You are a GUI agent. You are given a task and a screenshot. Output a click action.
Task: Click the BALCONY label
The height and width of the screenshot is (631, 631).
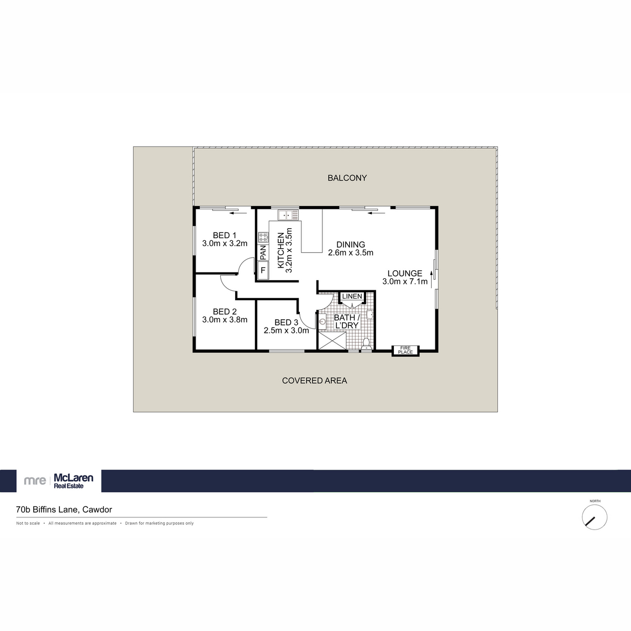(347, 178)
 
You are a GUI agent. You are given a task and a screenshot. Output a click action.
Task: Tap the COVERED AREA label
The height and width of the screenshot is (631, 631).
(314, 381)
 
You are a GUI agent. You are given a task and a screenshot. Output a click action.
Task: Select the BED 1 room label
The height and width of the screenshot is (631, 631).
(225, 235)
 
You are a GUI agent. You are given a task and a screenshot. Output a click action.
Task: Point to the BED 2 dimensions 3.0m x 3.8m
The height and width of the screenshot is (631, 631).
(225, 320)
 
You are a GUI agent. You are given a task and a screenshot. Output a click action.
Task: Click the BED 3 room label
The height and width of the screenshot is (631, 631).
(287, 322)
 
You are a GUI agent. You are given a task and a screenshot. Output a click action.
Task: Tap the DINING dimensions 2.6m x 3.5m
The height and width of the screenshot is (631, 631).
(351, 253)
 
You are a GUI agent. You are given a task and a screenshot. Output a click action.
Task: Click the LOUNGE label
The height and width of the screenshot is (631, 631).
(405, 273)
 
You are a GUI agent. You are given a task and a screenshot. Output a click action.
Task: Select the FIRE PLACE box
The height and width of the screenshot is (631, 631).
(405, 350)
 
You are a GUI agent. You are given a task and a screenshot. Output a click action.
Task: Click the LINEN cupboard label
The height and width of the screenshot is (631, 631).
(352, 297)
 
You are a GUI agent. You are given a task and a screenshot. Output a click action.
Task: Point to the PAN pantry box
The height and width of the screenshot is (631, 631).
(263, 252)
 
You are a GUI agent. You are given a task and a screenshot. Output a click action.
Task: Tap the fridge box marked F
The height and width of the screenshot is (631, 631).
(263, 270)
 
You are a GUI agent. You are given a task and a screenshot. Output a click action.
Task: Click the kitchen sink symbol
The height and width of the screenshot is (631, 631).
(288, 215)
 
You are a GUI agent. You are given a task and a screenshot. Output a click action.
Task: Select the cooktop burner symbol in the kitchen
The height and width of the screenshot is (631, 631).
(263, 237)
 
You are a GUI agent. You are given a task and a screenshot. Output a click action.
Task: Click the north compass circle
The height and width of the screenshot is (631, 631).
(595, 517)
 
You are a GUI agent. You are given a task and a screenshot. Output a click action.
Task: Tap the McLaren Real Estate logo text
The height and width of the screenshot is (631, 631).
(74, 481)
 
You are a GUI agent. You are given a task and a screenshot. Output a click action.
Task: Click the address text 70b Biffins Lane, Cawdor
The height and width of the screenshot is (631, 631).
(64, 510)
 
